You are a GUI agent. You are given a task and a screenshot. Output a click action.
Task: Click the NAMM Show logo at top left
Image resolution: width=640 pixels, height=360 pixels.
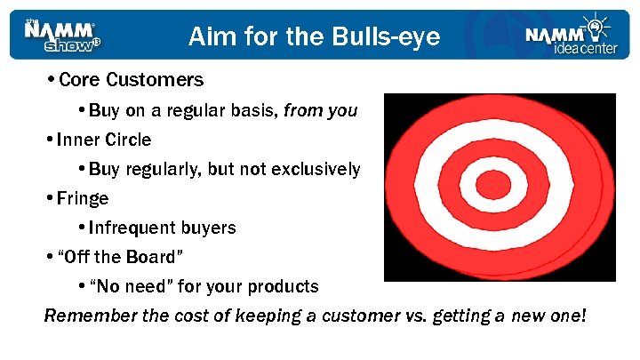pos(62,35)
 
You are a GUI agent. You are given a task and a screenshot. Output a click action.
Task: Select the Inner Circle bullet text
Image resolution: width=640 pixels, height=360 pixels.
pos(103,140)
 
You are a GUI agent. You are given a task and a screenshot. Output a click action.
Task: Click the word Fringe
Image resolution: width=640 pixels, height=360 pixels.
pos(82,198)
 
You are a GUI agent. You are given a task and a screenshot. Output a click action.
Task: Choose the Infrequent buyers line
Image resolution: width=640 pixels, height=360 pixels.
pos(162,228)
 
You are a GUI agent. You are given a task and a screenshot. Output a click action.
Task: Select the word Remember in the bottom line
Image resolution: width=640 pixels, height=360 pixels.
pos(85,316)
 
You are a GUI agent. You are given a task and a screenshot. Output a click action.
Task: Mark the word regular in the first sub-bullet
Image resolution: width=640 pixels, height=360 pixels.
pos(181,110)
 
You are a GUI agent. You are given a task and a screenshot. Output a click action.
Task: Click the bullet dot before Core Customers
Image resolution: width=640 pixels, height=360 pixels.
pos(51,80)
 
